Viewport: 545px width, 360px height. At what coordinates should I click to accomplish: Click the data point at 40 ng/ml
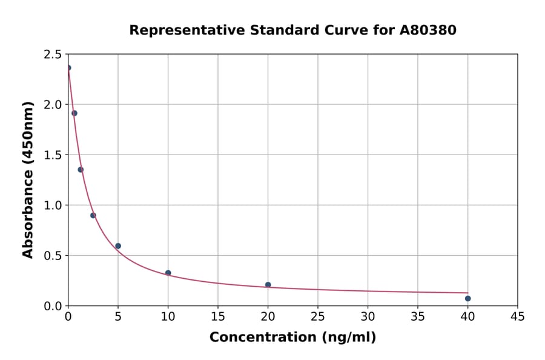467,298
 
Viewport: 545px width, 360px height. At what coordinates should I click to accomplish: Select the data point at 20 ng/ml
268,285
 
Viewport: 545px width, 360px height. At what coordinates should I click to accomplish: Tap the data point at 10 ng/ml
168,273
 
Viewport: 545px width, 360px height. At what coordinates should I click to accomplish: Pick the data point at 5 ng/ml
118,246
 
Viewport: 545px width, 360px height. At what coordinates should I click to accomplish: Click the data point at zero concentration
68,68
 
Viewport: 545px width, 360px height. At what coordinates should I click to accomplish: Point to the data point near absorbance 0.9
93,215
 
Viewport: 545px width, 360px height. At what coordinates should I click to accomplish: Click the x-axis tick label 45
517,317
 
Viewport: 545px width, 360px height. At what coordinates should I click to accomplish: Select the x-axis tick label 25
317,317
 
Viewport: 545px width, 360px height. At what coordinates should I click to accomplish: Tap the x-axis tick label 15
217,317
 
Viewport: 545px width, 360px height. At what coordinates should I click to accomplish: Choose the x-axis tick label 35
417,317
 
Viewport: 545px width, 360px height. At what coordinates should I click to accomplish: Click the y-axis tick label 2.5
53,55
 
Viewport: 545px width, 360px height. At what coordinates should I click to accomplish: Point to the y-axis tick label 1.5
53,155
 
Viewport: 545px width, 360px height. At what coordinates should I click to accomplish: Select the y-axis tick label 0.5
53,256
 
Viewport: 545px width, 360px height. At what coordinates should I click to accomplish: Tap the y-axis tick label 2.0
53,105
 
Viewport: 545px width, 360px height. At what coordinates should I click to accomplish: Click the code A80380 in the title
428,30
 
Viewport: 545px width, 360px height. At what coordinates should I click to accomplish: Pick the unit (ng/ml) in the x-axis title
349,338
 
